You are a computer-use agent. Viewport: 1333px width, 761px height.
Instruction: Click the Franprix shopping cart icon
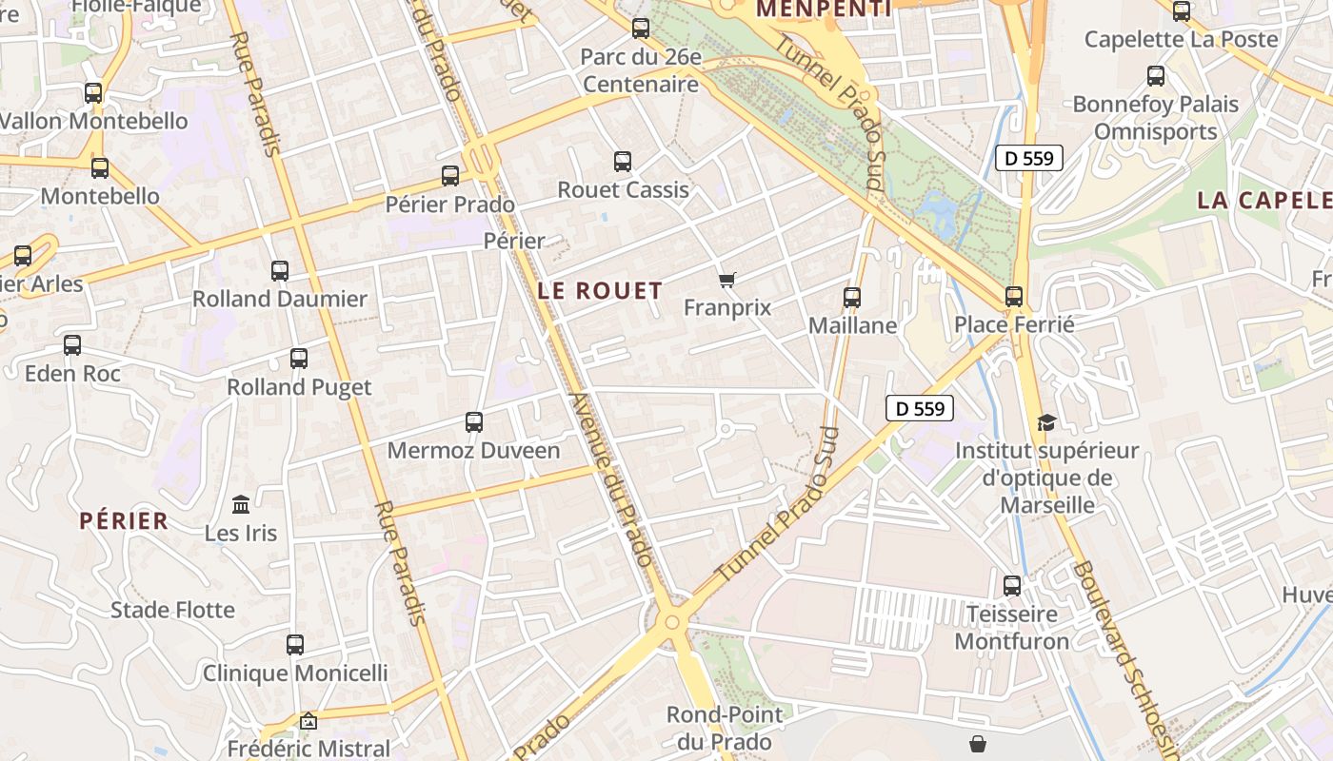point(727,280)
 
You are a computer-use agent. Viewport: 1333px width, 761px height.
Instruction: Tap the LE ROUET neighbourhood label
point(600,291)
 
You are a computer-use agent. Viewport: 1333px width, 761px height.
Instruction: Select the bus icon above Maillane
point(852,298)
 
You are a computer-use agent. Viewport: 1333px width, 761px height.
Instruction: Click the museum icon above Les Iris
point(241,504)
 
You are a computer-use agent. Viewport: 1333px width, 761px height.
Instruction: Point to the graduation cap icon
point(1046,422)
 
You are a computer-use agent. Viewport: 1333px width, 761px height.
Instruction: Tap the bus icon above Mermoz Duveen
point(473,421)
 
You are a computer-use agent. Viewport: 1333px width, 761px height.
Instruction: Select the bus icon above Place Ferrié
point(1014,297)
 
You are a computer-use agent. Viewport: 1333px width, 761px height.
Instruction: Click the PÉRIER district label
point(124,520)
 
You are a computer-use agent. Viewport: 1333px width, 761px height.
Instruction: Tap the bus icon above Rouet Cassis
point(623,162)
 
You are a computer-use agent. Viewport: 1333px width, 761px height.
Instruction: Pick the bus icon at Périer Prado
point(450,176)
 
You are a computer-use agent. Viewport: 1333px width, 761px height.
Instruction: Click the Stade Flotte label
point(172,610)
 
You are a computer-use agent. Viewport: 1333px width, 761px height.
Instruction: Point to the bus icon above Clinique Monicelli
point(295,645)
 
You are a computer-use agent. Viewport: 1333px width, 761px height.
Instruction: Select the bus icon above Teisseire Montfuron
point(1012,585)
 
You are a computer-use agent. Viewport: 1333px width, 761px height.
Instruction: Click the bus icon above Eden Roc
point(72,345)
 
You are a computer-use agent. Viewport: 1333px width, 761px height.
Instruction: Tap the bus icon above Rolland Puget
point(299,359)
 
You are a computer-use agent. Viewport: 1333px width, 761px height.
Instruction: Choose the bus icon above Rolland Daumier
point(280,270)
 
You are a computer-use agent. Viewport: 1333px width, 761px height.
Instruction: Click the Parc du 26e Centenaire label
point(641,70)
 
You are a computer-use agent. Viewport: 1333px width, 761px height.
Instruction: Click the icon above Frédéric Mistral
point(308,722)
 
